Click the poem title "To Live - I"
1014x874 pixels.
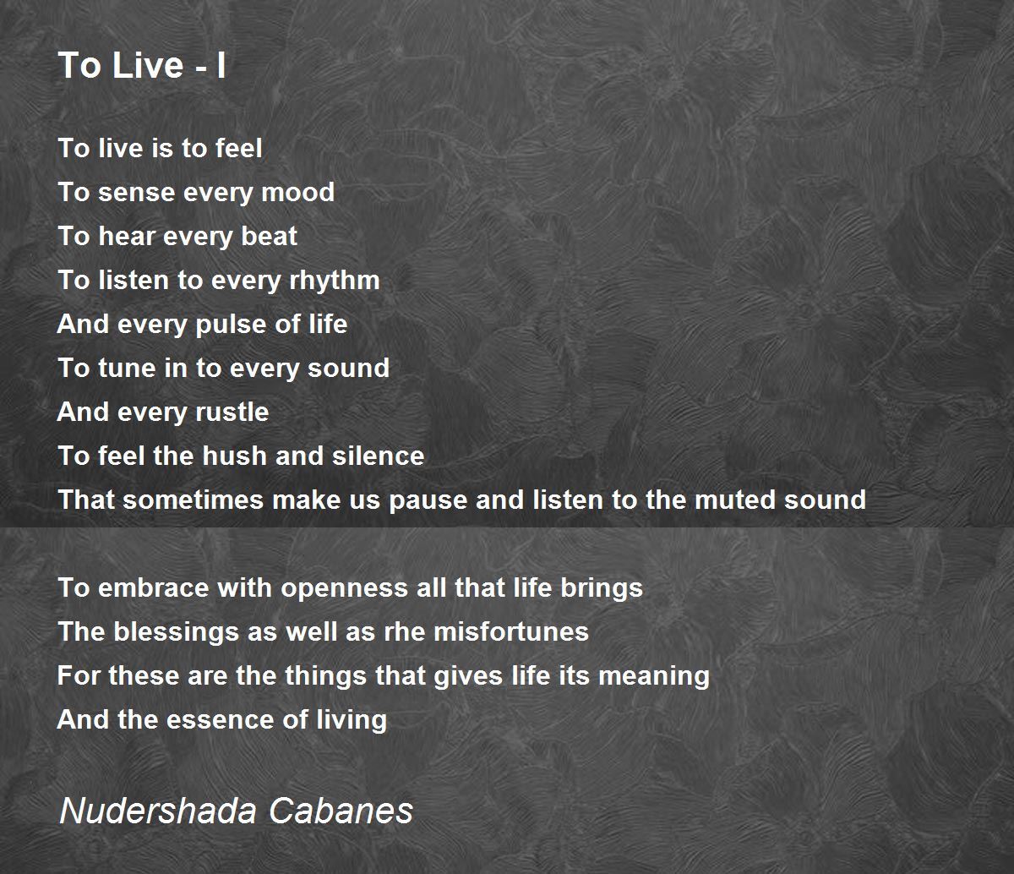(142, 65)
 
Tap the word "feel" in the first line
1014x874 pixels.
(239, 148)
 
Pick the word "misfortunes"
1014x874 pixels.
(510, 631)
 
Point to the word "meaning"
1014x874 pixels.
(654, 677)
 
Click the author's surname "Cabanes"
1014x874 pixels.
(341, 811)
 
